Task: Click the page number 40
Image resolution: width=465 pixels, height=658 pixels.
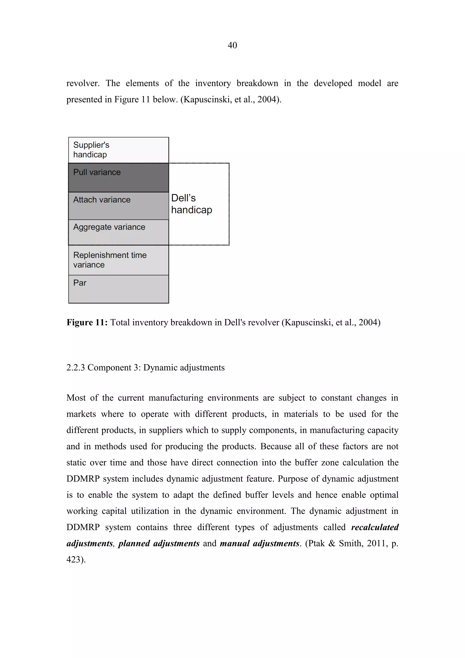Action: [232, 45]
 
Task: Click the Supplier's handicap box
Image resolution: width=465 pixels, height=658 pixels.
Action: [119, 150]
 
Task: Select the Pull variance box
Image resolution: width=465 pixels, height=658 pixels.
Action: [119, 177]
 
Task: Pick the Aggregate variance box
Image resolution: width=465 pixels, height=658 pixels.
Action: [119, 232]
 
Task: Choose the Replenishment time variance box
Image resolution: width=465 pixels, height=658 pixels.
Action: [119, 260]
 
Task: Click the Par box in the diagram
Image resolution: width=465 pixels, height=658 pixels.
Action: [119, 289]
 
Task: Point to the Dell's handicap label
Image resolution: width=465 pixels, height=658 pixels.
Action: [191, 204]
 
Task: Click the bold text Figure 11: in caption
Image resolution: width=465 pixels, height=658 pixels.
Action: [87, 322]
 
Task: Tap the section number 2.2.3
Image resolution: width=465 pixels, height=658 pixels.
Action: [75, 367]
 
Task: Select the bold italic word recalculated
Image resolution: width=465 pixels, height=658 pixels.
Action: [375, 527]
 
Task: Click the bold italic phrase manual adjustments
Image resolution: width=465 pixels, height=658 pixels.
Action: [260, 543]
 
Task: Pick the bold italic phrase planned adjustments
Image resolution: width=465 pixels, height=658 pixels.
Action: [159, 543]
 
